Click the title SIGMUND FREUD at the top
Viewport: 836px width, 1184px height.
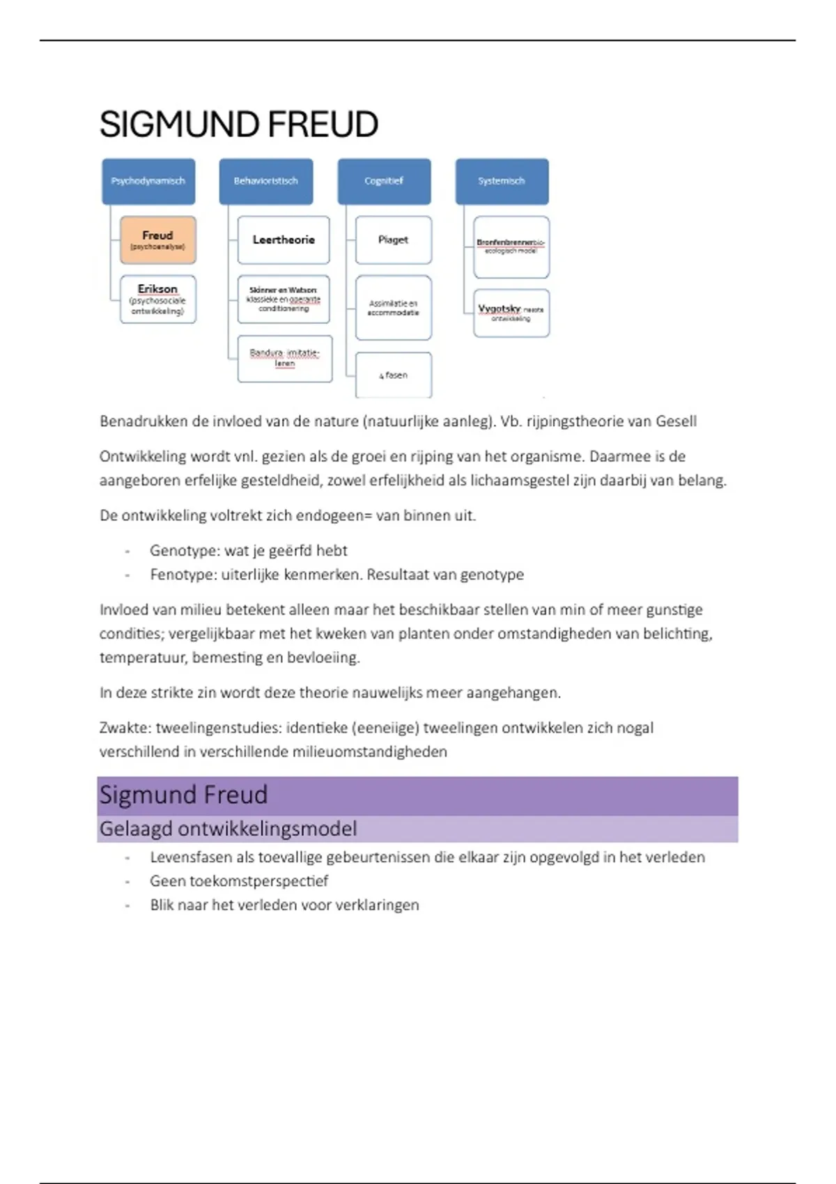coord(238,125)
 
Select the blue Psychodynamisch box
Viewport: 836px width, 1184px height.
coord(148,181)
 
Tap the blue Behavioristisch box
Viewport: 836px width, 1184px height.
coord(266,181)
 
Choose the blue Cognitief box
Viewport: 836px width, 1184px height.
coord(384,181)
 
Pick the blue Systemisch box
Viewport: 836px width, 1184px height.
coord(502,181)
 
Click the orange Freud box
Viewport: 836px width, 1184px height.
coord(157,240)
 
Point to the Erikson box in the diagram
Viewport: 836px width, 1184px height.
coord(157,299)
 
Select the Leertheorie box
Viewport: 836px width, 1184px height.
coord(284,240)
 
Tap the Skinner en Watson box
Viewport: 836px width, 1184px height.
coord(284,299)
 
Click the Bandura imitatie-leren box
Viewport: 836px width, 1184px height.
coord(284,358)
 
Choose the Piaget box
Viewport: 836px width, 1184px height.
coord(393,240)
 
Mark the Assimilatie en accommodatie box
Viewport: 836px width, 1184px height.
coord(393,307)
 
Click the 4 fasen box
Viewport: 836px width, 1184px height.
coord(393,375)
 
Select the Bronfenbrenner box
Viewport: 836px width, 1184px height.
coord(511,247)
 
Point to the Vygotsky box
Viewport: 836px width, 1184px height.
coord(511,313)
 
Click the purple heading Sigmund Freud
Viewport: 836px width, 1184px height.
coord(183,795)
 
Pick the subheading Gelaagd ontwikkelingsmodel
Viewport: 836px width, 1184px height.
coord(228,829)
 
